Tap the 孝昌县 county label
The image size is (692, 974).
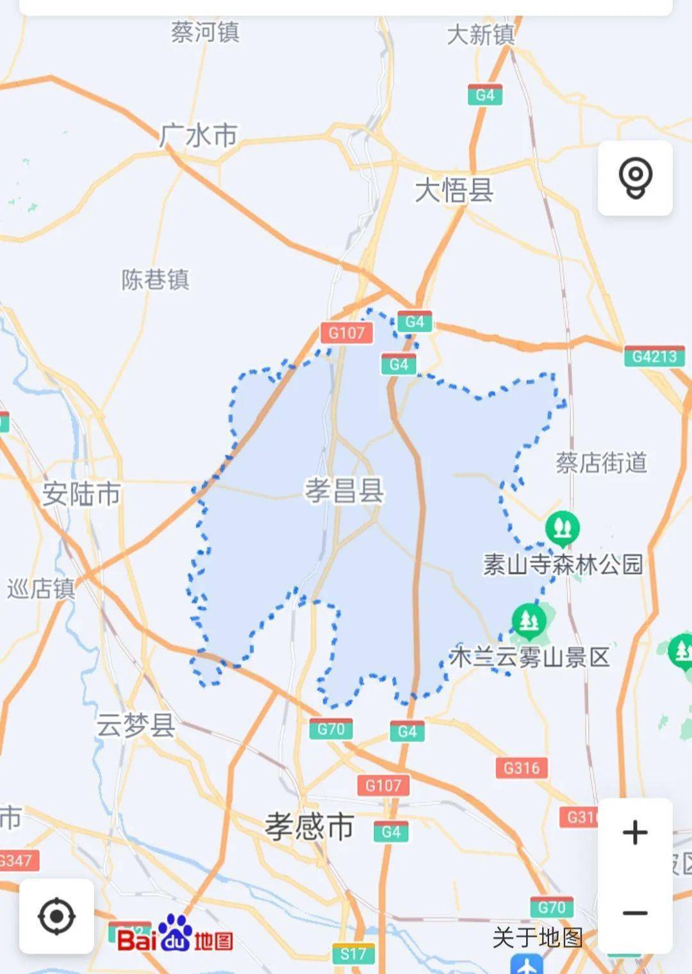[344, 491]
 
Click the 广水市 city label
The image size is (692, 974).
[198, 136]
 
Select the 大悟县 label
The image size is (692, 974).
[454, 190]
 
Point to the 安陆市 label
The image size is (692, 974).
[81, 494]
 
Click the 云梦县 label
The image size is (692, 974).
[136, 725]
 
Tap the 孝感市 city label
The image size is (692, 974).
[309, 827]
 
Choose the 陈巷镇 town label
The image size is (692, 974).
[156, 280]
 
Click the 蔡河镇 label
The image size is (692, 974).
[205, 32]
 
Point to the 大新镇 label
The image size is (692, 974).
[481, 35]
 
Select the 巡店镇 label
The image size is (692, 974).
[41, 589]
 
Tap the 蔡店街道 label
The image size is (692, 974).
[601, 463]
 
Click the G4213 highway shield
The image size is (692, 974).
[654, 356]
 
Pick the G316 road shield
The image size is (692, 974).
[522, 768]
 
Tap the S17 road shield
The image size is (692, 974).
[353, 954]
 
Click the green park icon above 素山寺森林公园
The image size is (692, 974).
[562, 528]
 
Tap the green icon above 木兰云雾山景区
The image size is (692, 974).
[529, 620]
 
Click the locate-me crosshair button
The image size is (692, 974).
[56, 916]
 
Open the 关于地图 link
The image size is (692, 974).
[537, 937]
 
